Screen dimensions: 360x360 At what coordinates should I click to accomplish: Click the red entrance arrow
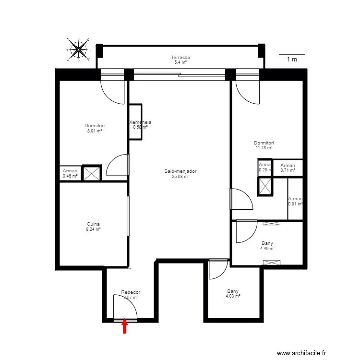click(124, 327)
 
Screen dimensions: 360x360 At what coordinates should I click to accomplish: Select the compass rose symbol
click(78, 48)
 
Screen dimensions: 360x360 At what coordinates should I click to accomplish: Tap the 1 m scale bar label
click(292, 60)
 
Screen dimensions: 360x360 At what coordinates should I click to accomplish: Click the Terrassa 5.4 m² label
click(180, 60)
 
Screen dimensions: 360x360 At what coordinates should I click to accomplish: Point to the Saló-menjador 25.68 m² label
click(180, 174)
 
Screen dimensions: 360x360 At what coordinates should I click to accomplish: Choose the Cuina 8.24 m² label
click(94, 227)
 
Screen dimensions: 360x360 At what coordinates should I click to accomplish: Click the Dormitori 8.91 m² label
click(95, 128)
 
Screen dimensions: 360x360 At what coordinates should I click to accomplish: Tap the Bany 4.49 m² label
click(267, 246)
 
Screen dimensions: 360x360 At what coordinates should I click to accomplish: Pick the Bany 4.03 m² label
click(233, 294)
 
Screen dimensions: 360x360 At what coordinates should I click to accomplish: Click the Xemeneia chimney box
click(135, 122)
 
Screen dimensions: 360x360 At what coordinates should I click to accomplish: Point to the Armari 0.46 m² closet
click(70, 174)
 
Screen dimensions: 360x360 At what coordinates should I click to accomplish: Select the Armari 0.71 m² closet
click(288, 168)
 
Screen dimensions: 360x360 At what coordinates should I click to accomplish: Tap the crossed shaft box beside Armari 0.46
click(91, 173)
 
